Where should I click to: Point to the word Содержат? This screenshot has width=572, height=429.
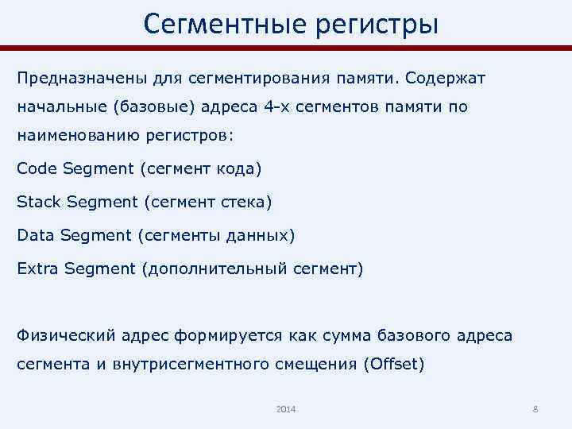coord(453,79)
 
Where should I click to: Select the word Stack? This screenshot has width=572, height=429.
coord(38,202)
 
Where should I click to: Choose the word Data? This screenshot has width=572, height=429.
coord(34,235)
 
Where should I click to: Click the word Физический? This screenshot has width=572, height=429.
coord(66,335)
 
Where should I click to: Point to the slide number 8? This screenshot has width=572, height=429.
coord(535,408)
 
